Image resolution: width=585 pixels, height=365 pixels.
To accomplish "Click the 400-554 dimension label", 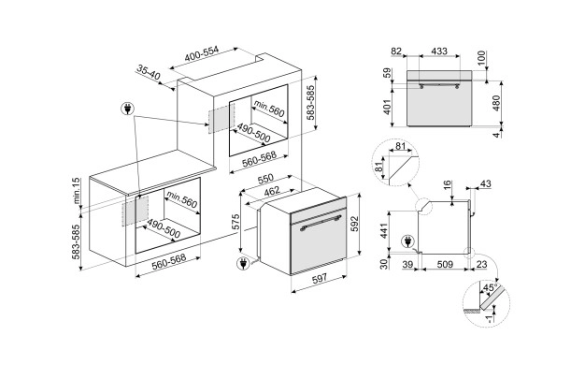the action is tap(202, 54).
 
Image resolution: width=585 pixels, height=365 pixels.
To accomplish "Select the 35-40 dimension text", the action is tap(148, 72).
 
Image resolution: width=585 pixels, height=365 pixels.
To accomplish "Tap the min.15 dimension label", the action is tap(77, 191).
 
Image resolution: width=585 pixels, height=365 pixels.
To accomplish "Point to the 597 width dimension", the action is tap(320, 278).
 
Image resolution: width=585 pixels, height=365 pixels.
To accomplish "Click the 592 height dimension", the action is tap(355, 224).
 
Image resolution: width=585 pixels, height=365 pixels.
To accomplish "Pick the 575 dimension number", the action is tap(235, 222).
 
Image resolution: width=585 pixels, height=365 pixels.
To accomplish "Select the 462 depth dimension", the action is tap(272, 192).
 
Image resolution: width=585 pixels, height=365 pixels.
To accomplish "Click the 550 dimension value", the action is tap(265, 179).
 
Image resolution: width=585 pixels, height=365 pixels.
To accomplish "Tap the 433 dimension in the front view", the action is tap(439, 51).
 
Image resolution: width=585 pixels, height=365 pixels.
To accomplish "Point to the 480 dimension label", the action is tap(496, 103).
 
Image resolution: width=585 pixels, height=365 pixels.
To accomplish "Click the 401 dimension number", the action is tap(388, 107).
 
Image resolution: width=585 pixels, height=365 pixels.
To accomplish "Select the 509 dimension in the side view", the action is tap(445, 265).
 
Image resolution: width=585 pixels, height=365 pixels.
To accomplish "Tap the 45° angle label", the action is tap(490, 287).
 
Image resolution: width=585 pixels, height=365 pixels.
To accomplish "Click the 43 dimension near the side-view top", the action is tap(485, 183).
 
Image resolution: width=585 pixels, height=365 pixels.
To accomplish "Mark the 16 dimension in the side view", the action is tap(448, 185).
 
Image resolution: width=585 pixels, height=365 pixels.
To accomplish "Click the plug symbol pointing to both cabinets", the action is tap(128, 109).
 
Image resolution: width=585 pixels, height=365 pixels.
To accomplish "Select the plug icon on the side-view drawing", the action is tap(408, 241).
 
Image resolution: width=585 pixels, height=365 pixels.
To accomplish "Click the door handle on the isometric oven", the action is tap(321, 223).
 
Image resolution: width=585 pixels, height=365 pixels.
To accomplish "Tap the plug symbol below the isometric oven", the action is tap(243, 263).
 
